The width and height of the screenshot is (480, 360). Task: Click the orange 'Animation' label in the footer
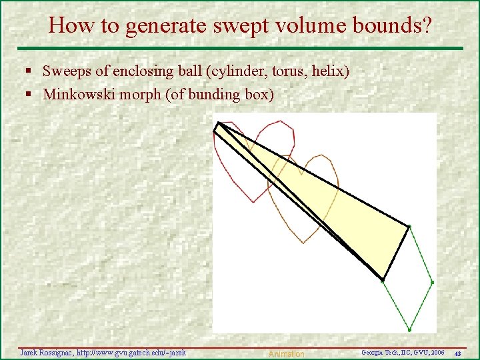coord(285,354)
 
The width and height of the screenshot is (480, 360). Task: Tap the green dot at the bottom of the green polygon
coord(409,329)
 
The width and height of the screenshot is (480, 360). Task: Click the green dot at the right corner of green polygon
coord(432,282)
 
